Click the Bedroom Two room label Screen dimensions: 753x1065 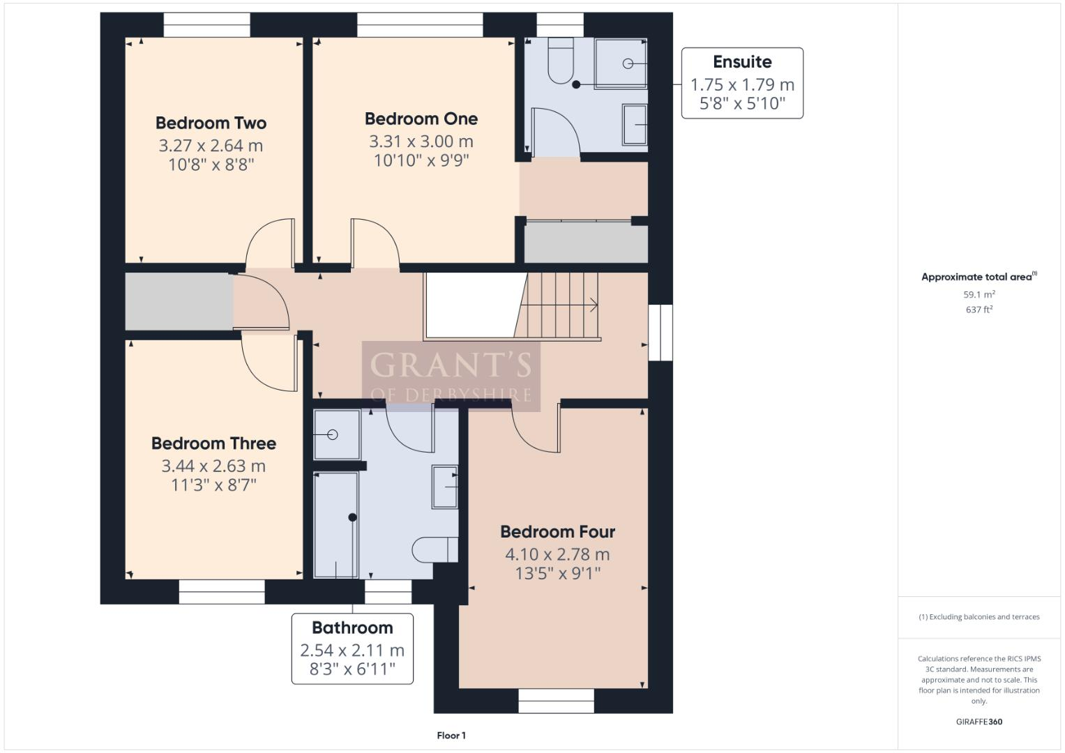coord(211,123)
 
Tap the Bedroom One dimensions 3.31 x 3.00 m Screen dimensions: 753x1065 coord(421,142)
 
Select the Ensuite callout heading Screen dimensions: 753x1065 coord(741,62)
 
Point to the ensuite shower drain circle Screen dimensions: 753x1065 coord(628,63)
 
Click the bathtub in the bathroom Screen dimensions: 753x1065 coord(336,525)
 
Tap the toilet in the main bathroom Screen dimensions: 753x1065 coord(435,549)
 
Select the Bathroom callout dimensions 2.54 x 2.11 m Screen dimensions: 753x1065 coord(352,651)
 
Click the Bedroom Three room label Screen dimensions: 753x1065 coord(213,443)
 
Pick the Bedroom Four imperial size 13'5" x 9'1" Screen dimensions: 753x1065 coord(557,573)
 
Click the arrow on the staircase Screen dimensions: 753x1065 coord(593,305)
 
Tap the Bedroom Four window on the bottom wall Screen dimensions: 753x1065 coord(556,701)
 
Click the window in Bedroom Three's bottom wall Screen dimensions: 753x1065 coord(222,592)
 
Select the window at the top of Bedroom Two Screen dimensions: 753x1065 coord(206,24)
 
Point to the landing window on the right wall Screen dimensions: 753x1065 coord(660,333)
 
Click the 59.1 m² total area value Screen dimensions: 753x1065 coord(979,295)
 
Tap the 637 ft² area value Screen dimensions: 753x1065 coord(979,310)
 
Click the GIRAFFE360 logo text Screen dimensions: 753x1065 coord(979,722)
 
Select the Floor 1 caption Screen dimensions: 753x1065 coord(451,736)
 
